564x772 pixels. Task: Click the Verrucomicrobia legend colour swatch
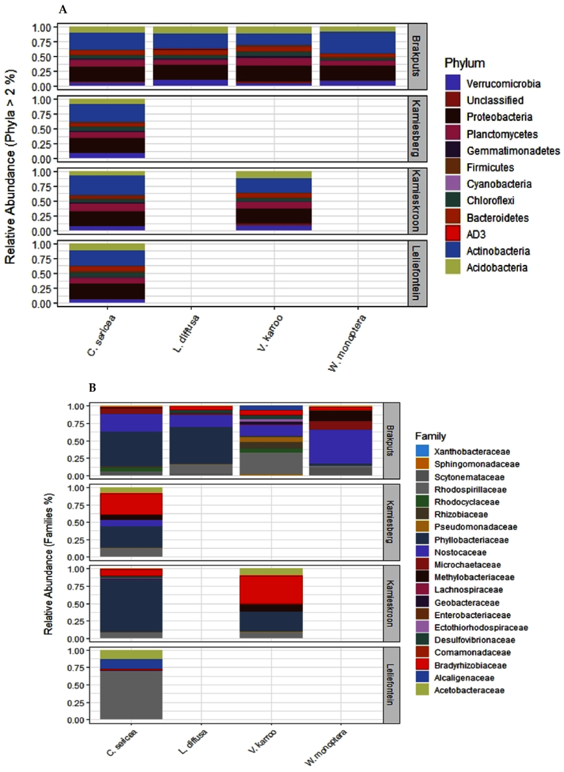point(453,83)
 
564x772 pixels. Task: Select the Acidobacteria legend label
point(496,267)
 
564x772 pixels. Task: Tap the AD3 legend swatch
point(453,234)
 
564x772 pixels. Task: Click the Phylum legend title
point(464,63)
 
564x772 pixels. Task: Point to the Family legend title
point(430,436)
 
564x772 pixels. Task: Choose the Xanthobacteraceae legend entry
point(471,452)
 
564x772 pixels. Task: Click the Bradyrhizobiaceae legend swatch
point(422,665)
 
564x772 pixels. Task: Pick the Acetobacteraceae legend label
point(469,690)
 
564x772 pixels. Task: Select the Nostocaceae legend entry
point(460,552)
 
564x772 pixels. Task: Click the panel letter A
point(63,9)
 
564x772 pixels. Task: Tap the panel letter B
point(92,387)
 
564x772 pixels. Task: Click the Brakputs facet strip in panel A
point(417,57)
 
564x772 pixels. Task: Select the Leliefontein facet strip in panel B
point(391,685)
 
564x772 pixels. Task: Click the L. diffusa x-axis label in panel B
point(193,742)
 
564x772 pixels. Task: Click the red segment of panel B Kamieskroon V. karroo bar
point(271,590)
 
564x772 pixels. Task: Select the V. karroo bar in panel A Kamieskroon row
point(273,201)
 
